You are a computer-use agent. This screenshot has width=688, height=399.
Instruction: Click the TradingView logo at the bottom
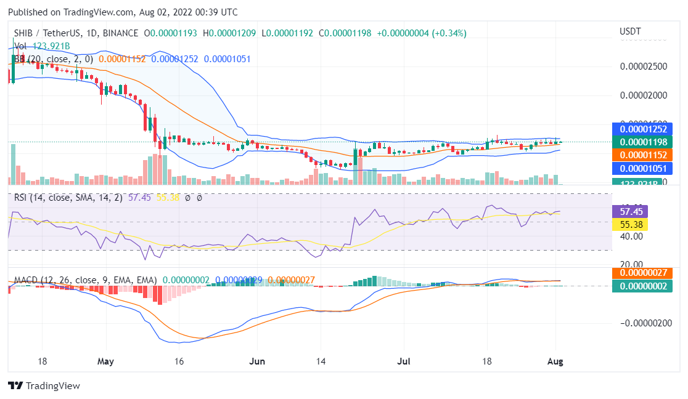44,386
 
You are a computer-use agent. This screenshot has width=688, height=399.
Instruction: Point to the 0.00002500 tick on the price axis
644,66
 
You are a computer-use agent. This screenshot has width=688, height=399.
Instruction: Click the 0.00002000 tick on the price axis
644,95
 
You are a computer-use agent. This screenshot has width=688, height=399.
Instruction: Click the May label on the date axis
105,361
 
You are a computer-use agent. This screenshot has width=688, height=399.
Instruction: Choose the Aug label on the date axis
555,361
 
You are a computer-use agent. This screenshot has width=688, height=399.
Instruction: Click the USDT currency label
630,31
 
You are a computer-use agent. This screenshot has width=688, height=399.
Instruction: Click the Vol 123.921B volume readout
43,46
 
